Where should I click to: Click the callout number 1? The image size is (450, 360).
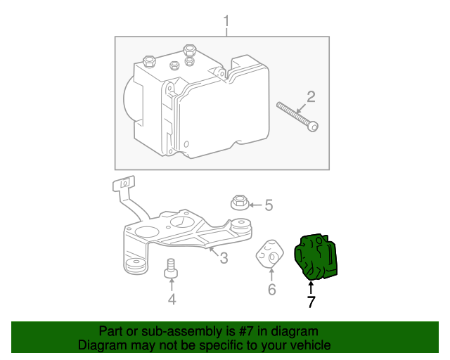226,20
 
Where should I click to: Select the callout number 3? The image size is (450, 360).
224,259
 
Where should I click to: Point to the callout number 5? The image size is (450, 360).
268,205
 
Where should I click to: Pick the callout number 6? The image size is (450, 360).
271,289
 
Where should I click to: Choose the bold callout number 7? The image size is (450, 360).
311,302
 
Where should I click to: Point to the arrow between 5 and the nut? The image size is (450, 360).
255,205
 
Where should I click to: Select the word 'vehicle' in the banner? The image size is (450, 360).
308,345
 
